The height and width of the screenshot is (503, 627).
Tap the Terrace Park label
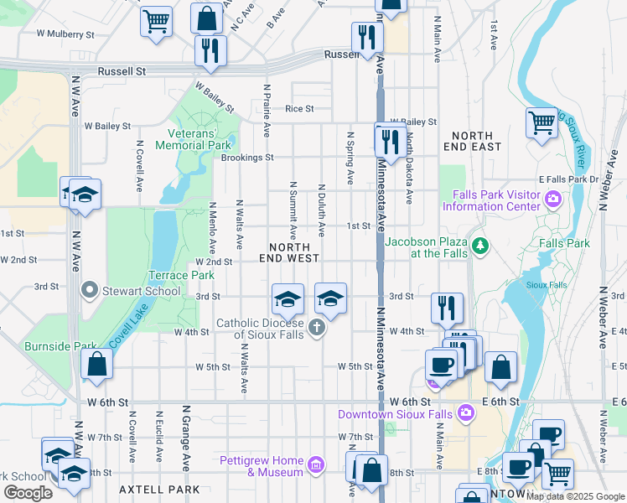[x=181, y=275]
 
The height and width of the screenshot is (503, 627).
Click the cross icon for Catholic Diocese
[x=317, y=328]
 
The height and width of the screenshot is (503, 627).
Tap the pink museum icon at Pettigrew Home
[x=315, y=465]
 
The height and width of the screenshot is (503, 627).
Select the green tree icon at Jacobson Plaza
[x=479, y=246]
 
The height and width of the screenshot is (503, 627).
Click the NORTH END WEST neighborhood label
[x=293, y=252]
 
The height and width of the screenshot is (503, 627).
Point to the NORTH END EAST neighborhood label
[x=476, y=141]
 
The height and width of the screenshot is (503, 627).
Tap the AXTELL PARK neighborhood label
[x=159, y=489]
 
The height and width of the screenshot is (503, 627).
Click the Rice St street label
[x=299, y=108]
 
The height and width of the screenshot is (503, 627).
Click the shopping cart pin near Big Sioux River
[x=542, y=123]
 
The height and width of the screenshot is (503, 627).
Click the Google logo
[x=28, y=493]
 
